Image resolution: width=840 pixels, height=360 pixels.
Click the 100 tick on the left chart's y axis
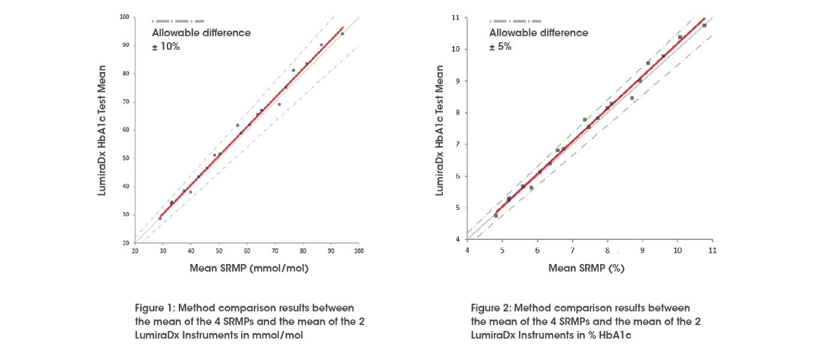tap(125, 17)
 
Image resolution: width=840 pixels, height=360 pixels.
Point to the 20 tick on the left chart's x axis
tap(135, 251)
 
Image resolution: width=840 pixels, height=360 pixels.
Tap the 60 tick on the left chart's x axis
tap(247, 251)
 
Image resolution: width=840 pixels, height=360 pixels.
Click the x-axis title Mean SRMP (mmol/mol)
tap(249, 268)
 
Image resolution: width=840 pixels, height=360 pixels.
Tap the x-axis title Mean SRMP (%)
tap(586, 268)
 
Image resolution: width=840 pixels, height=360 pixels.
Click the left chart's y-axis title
tap(103, 130)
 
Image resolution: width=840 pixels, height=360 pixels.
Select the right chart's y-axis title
tap(439, 130)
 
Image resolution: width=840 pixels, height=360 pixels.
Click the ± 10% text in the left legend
tap(166, 46)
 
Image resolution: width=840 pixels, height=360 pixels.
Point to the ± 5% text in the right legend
tap(500, 46)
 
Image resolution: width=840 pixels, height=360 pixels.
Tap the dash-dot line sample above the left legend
tap(178, 21)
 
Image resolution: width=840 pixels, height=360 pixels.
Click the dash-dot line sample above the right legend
tap(515, 21)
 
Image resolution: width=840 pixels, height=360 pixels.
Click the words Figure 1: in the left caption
tap(155, 308)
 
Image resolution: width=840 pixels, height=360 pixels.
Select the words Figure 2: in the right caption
tap(491, 308)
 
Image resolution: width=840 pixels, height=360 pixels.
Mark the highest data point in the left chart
tap(343, 34)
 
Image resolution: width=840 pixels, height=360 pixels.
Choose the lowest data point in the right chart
tap(496, 215)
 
